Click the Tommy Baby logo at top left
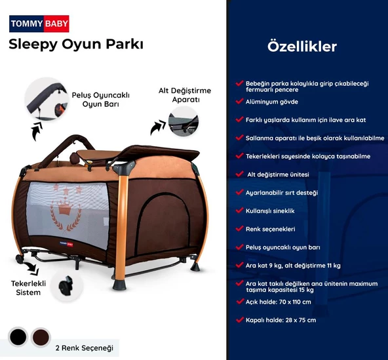coord(39,24)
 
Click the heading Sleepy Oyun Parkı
coord(76,45)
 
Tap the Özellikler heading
coord(302,47)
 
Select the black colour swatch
coord(18,337)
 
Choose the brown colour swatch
coord(41,337)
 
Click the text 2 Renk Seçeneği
coord(86,347)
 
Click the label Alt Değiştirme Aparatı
coord(184,95)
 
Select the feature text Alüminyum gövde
coord(271,102)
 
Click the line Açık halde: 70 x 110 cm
coord(278,302)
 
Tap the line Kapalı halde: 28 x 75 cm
coord(281,319)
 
